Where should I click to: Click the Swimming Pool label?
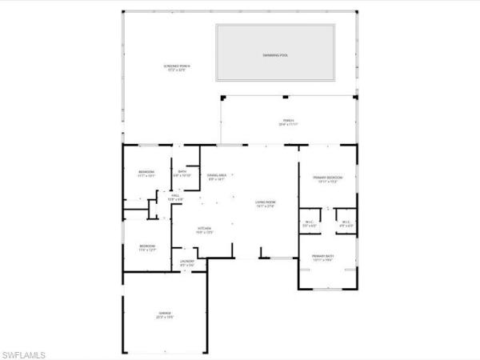coord(276,54)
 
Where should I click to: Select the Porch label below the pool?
coord(287,121)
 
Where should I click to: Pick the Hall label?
coord(175,194)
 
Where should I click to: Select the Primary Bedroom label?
coord(327,177)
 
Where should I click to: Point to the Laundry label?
coord(187,262)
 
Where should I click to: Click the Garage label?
coord(164,313)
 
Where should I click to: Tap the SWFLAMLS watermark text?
coord(23,352)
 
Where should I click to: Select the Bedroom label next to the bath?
coord(146,172)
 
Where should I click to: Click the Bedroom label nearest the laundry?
coord(146,246)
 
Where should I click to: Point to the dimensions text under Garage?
coord(164,317)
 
